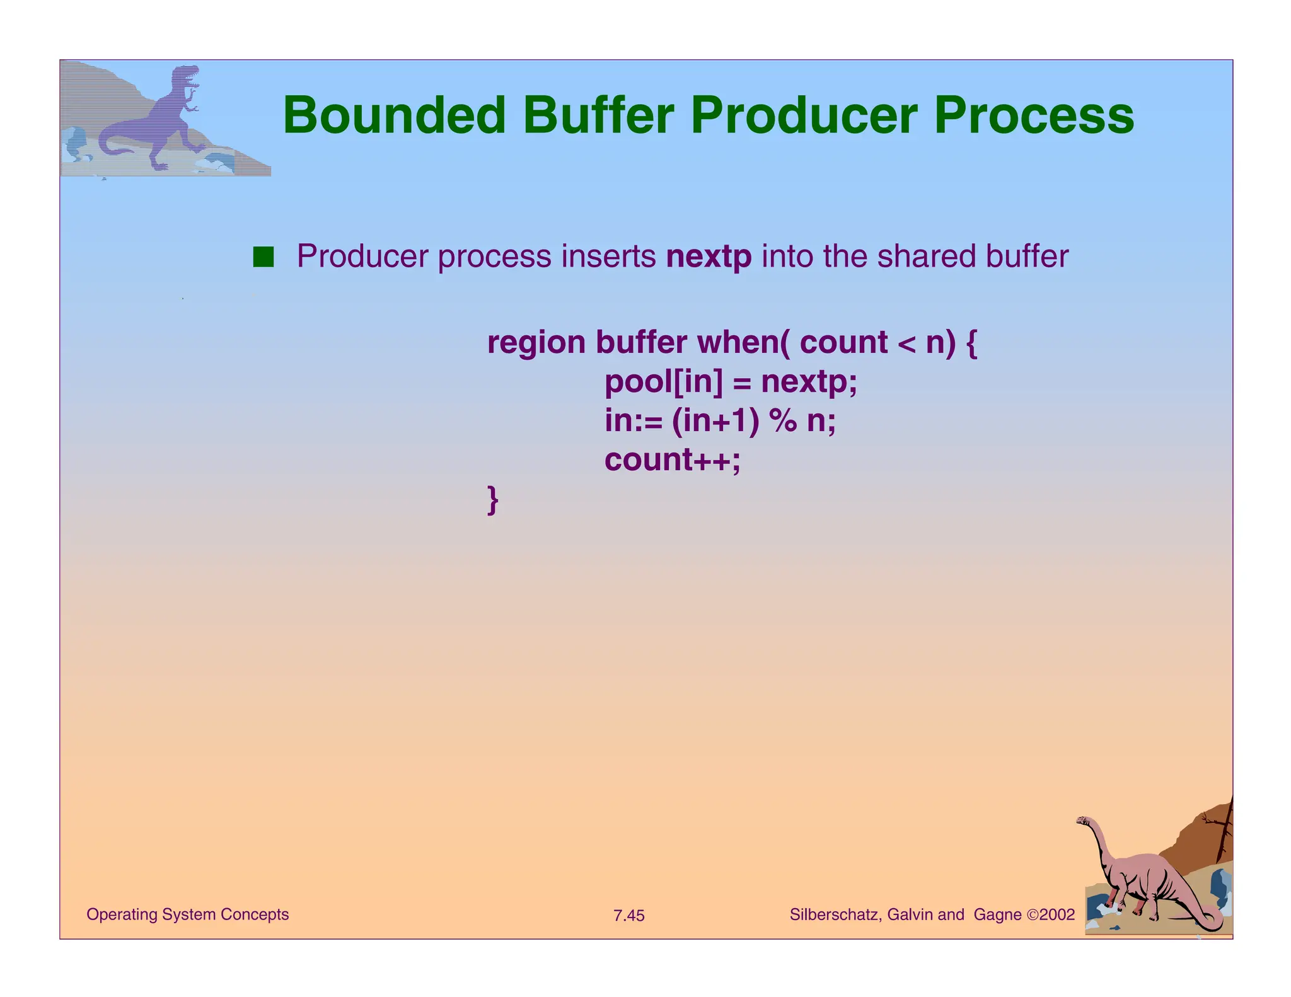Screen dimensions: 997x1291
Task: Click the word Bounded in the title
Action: (x=394, y=116)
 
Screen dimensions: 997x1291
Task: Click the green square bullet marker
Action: (x=263, y=257)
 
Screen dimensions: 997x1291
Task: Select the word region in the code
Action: (x=536, y=343)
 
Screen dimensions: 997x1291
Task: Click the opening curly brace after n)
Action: (x=971, y=343)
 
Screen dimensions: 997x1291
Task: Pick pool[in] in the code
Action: (x=664, y=382)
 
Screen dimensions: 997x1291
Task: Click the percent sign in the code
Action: (x=782, y=420)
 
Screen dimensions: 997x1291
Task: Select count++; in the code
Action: (x=673, y=459)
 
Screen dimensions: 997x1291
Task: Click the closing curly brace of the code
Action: (x=493, y=500)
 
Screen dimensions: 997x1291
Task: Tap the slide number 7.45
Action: (x=628, y=916)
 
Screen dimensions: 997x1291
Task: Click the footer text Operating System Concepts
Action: (x=187, y=914)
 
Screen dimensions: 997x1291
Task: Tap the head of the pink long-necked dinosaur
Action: (x=1084, y=821)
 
